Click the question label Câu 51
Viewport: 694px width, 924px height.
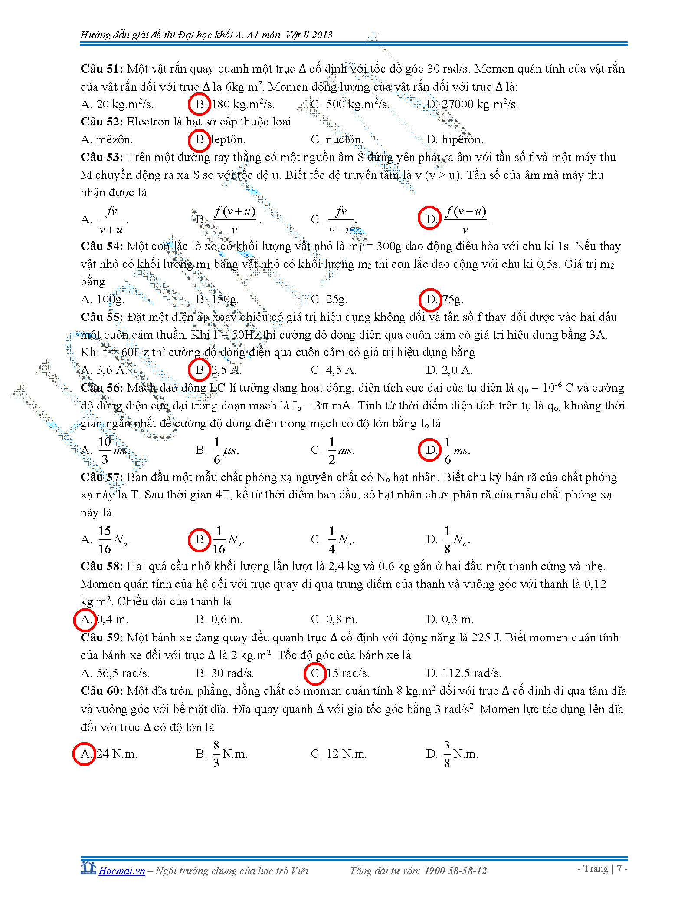tap(101, 69)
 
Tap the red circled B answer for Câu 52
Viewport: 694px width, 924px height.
tap(200, 140)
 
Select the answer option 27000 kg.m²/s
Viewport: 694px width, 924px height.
tap(479, 104)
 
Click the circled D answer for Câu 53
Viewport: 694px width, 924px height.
tap(429, 218)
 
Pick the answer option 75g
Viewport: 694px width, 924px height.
tap(452, 299)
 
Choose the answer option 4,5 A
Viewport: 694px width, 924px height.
tap(341, 370)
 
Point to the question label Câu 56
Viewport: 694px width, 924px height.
tap(101, 388)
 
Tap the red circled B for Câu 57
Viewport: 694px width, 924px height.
tap(200, 540)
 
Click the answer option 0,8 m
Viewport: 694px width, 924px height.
tap(341, 619)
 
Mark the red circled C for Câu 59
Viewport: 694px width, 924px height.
tap(315, 673)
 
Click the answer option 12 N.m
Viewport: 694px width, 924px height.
tap(346, 754)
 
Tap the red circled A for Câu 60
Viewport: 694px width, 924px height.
tap(84, 754)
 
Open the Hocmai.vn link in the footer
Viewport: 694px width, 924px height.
tap(122, 871)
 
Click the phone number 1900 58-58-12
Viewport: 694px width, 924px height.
tap(455, 871)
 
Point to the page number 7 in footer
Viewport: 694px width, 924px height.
tap(619, 868)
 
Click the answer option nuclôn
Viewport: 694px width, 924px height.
tap(344, 140)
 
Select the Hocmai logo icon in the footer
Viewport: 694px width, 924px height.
tap(88, 867)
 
